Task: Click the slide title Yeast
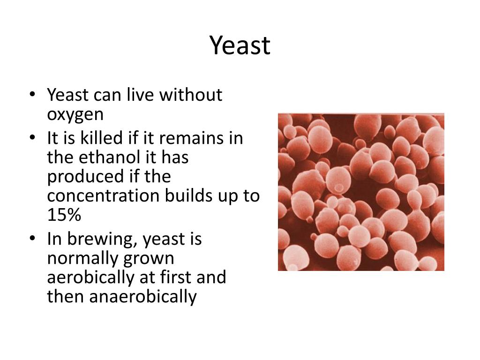(240, 46)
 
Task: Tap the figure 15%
(64, 215)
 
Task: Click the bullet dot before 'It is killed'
(32, 139)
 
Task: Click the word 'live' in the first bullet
(141, 95)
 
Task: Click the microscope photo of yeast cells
(361, 192)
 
